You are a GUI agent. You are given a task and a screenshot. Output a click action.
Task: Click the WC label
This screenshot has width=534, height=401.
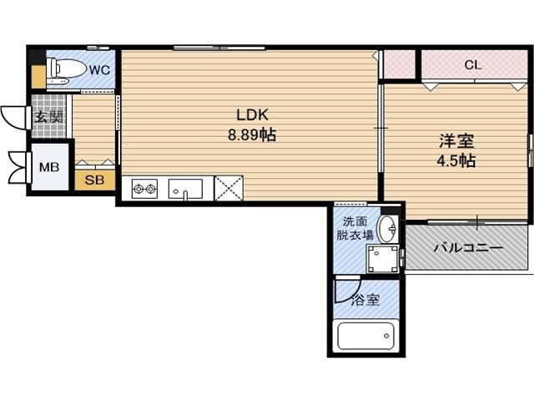tap(99, 70)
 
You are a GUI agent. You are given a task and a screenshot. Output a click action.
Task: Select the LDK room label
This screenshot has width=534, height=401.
tap(251, 115)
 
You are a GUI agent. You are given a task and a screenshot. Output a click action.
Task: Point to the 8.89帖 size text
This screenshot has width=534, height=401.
tap(251, 135)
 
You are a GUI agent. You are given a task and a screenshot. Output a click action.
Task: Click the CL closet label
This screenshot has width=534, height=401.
tap(472, 64)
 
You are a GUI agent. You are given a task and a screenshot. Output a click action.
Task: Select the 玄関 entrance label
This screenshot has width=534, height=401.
tap(48, 117)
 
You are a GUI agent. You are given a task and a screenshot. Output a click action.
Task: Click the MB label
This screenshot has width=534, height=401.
tap(49, 167)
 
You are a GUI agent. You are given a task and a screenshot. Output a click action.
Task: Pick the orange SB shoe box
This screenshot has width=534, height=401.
tap(94, 180)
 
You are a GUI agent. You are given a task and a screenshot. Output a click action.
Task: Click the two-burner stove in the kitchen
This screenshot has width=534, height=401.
tap(144, 189)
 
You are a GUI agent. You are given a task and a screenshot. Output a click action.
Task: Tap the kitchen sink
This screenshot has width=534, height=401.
tap(185, 189)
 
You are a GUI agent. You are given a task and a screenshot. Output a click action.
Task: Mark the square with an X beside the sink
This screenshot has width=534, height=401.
tap(229, 188)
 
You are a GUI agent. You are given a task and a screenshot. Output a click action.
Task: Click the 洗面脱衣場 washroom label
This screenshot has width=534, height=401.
tap(352, 229)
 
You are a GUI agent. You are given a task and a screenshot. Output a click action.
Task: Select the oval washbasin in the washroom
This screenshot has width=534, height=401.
tap(387, 228)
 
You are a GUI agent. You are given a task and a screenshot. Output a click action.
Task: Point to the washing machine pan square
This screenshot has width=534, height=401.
tap(383, 259)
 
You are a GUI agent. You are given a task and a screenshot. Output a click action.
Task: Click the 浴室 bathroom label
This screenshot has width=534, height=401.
tap(365, 300)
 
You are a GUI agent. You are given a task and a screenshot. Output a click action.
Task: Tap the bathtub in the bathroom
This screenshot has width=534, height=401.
tap(365, 335)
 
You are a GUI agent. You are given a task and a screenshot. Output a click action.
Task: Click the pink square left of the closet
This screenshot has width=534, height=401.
tap(398, 64)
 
